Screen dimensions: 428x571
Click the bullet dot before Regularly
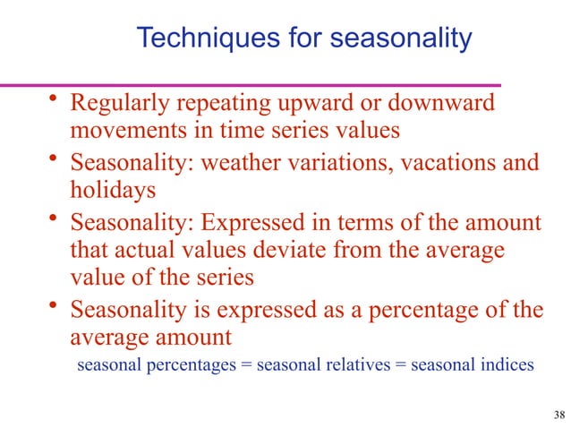tap(55, 100)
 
